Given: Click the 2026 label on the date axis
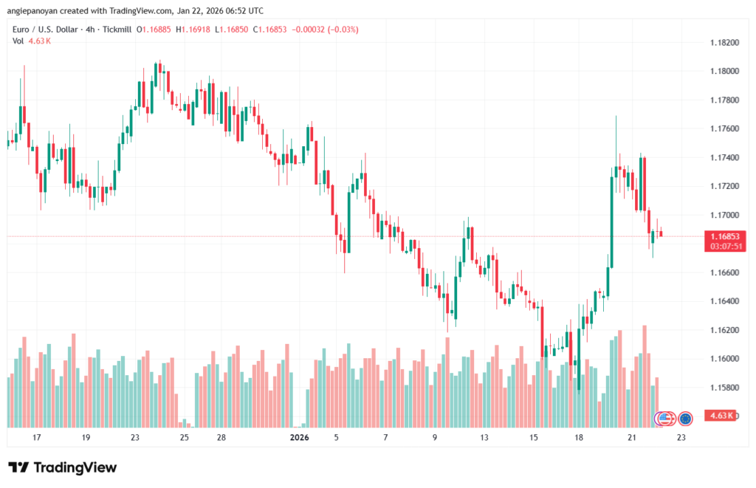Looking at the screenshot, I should pos(299,438).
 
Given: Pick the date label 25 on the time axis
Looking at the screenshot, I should pos(184,438).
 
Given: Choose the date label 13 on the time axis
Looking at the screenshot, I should pos(484,438).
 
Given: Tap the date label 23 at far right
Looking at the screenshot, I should pos(681,438).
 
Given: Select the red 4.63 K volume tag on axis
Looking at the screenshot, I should pos(720,416).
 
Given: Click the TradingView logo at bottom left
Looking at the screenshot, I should pos(62,467).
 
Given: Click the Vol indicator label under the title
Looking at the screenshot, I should pos(18,41).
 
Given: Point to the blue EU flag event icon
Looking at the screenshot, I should pos(685,419).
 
